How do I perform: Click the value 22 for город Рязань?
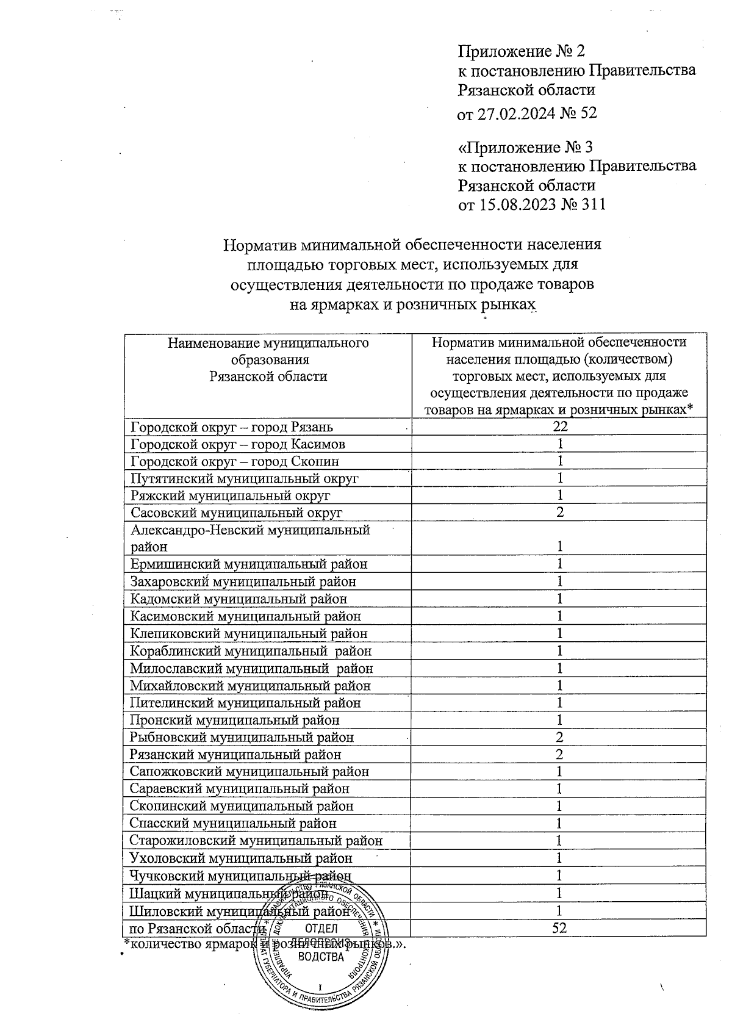559,427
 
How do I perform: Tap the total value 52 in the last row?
559,928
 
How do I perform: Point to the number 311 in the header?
591,204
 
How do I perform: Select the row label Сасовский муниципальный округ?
237,513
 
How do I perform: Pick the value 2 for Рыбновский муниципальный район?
559,737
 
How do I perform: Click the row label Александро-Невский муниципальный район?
250,538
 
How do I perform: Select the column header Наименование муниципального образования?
268,359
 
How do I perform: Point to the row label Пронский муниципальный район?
235,720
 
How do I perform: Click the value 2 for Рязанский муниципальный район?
559,755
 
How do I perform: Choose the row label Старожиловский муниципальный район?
256,841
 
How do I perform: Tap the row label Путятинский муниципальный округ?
245,478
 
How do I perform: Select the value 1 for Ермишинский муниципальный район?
559,564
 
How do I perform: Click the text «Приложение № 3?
525,148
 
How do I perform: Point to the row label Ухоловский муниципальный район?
241,858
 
